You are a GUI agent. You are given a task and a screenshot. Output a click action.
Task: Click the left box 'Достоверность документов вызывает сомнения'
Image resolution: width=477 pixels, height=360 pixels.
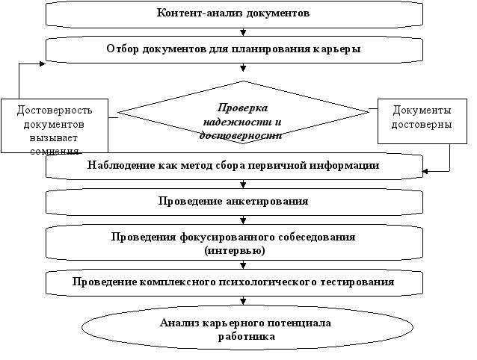pos(51,125)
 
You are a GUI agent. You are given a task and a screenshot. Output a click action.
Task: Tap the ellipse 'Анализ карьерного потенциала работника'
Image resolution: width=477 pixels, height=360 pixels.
pos(244,329)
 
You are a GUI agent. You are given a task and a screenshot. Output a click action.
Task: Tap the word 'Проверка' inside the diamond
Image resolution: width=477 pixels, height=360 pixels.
pos(242,108)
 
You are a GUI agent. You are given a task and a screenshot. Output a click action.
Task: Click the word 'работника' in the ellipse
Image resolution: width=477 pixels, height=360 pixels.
pos(244,336)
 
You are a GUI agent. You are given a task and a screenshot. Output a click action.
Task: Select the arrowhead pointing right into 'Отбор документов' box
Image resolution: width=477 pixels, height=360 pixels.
pos(44,63)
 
